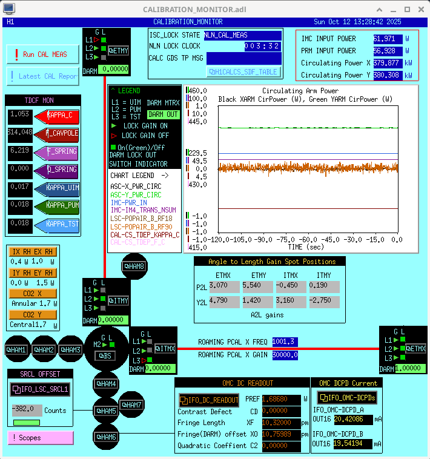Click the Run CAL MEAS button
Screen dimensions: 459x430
[41, 54]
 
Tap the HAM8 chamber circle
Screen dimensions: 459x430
[134, 266]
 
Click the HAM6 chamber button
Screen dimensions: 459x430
[105, 437]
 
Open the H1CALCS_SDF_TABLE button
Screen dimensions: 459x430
[243, 71]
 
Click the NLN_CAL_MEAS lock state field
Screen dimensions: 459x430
[242, 35]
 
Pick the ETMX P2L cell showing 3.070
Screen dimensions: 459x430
[224, 285]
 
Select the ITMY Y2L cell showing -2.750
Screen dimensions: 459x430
[326, 301]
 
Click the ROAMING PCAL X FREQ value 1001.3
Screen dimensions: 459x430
[285, 342]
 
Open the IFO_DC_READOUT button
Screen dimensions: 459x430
[210, 400]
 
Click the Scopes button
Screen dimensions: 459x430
[40, 437]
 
